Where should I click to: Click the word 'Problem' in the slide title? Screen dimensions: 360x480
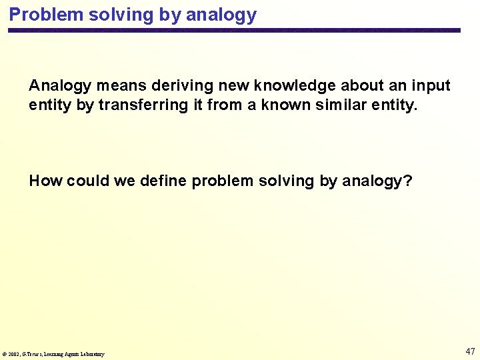39,15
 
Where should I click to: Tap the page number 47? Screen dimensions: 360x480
470,351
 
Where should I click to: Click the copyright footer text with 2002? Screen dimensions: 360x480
53,354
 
